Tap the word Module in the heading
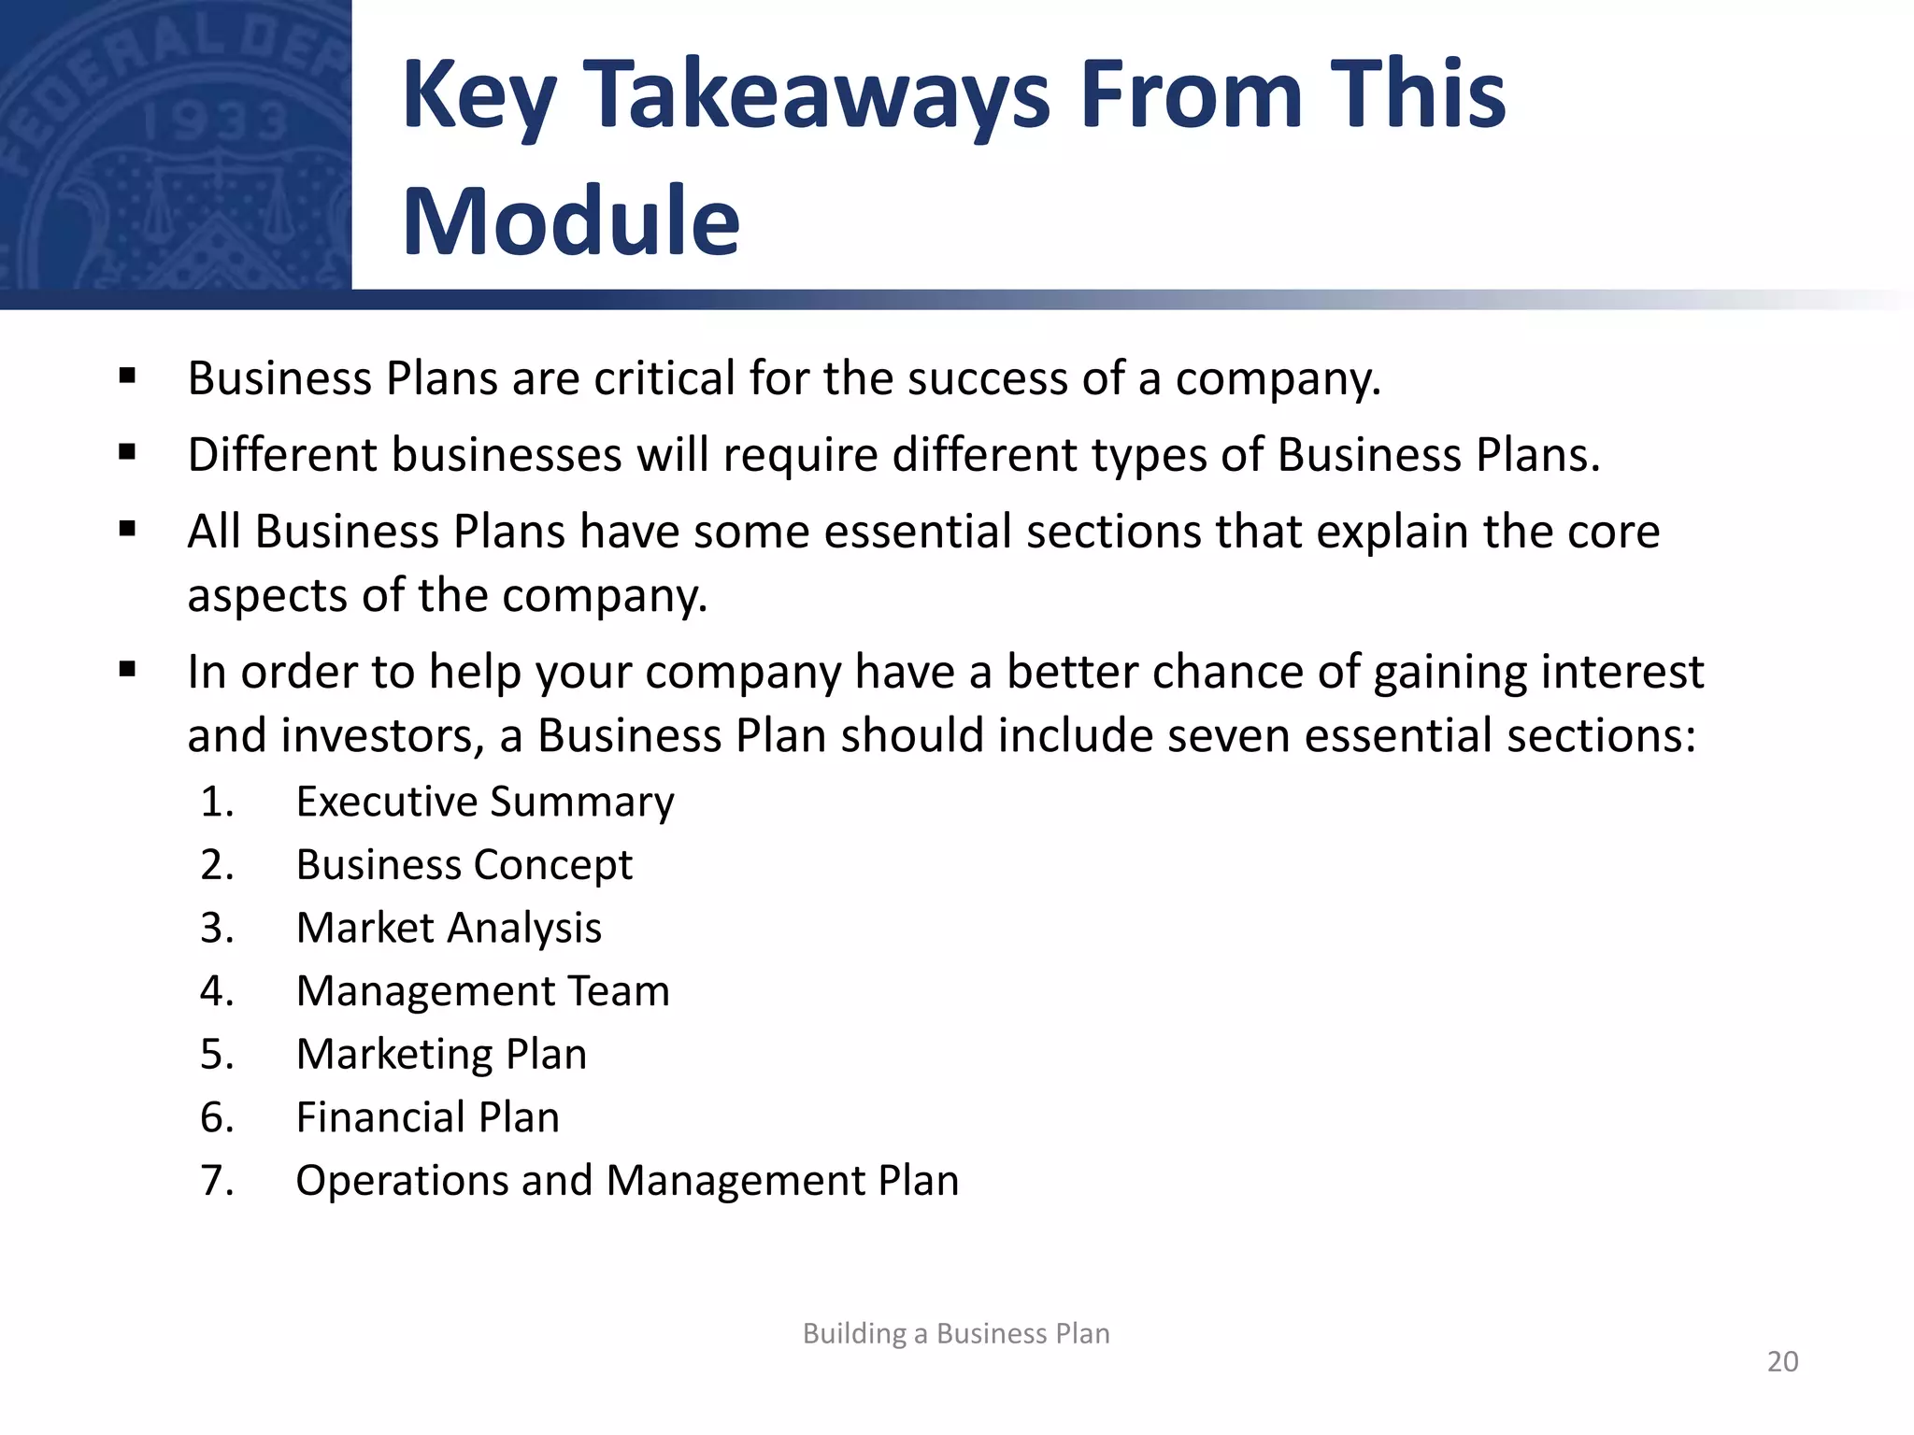click(x=571, y=221)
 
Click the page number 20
click(x=1782, y=1361)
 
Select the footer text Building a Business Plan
click(x=956, y=1333)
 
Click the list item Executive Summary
click(x=485, y=802)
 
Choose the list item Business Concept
click(x=464, y=864)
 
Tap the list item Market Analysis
click(x=449, y=928)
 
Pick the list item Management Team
click(x=482, y=991)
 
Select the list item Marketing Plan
click(x=441, y=1054)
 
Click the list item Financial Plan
click(x=427, y=1117)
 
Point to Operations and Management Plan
click(x=627, y=1180)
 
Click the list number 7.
click(x=216, y=1180)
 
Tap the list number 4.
click(x=216, y=991)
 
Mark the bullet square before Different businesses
click(x=128, y=453)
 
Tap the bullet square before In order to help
click(x=128, y=670)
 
